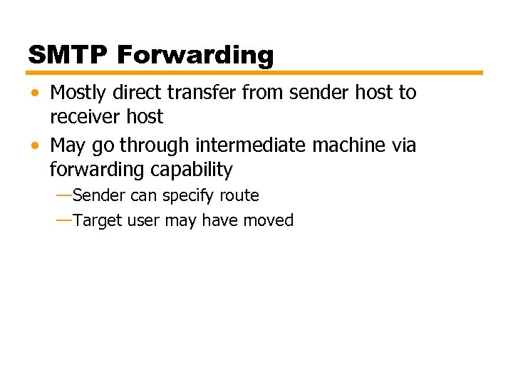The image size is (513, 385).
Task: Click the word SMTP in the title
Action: (68, 55)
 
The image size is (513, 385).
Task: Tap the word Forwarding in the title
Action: (195, 55)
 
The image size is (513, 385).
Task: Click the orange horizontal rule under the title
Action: (255, 73)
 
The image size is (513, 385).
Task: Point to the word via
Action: (403, 145)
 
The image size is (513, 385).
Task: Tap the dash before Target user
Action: (63, 220)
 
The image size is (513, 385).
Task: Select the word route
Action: (239, 195)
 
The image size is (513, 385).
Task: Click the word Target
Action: (98, 220)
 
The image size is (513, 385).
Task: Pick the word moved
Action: (269, 220)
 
